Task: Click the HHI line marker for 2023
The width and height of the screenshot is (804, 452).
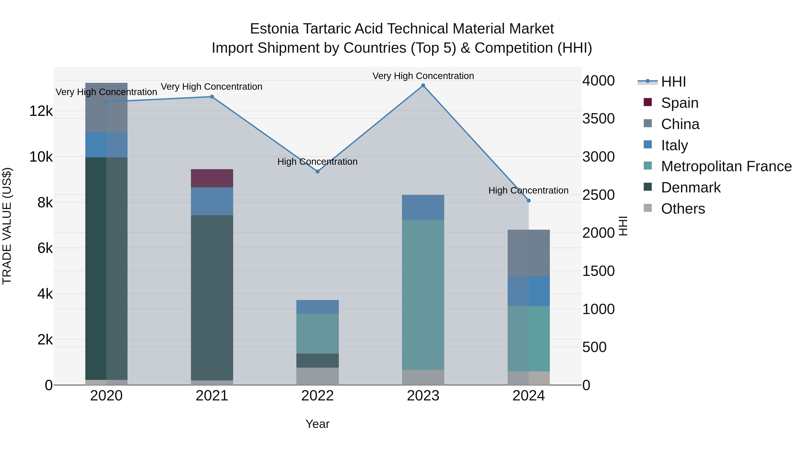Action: coord(423,85)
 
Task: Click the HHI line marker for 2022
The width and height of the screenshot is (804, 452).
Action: coord(317,172)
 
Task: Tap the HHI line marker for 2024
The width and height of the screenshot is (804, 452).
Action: coord(528,201)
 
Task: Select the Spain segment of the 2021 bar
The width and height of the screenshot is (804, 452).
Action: coord(212,178)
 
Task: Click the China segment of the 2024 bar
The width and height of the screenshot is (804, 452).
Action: coord(528,253)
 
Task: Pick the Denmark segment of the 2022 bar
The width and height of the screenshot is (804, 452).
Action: coord(317,361)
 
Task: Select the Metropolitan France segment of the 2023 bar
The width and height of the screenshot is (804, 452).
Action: coord(423,295)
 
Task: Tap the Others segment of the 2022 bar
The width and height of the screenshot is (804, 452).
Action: coord(317,376)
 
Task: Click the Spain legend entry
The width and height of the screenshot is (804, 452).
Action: coord(679,103)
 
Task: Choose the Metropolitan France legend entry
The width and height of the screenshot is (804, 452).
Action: coord(726,167)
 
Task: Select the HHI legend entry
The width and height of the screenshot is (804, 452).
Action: coord(673,82)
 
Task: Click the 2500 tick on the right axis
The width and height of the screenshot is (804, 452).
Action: coord(598,195)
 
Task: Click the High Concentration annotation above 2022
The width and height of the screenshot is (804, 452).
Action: coord(317,162)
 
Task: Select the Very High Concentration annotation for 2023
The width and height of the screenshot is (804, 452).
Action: coord(423,76)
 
